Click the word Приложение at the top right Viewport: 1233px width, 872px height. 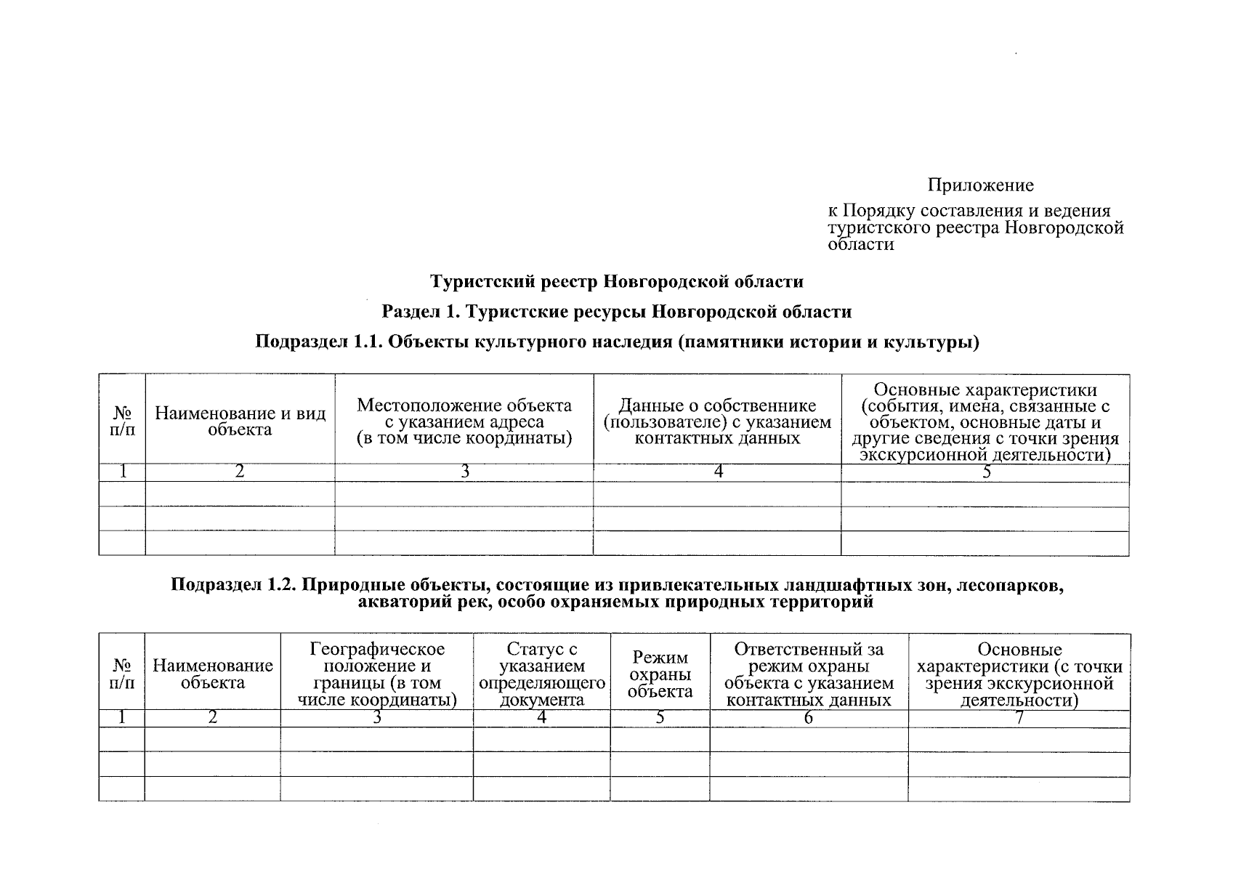click(x=979, y=185)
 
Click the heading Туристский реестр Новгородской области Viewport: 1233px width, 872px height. click(x=617, y=280)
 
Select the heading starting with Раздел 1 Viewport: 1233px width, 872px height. click(x=617, y=312)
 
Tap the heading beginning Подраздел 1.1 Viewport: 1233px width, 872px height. click(x=617, y=342)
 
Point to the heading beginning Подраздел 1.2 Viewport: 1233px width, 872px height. click(x=617, y=593)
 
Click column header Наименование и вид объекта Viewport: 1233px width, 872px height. click(x=240, y=421)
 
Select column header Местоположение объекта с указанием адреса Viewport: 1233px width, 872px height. click(x=464, y=421)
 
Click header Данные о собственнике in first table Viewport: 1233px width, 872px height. click(x=717, y=421)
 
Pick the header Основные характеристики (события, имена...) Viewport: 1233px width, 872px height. click(x=985, y=421)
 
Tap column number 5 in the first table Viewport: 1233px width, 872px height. click(x=986, y=472)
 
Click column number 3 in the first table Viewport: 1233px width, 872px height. click(x=464, y=472)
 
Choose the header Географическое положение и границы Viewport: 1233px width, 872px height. click(x=376, y=674)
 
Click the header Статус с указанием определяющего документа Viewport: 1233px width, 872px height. click(x=542, y=674)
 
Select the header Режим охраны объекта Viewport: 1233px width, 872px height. click(x=660, y=674)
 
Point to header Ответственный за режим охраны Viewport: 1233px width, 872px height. click(x=809, y=674)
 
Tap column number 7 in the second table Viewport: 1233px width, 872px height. click(x=1019, y=718)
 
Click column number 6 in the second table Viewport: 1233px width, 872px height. click(x=809, y=718)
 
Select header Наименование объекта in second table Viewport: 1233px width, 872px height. click(x=212, y=674)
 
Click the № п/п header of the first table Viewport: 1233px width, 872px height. click(x=122, y=421)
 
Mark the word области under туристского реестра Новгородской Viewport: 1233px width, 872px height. click(x=860, y=244)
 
